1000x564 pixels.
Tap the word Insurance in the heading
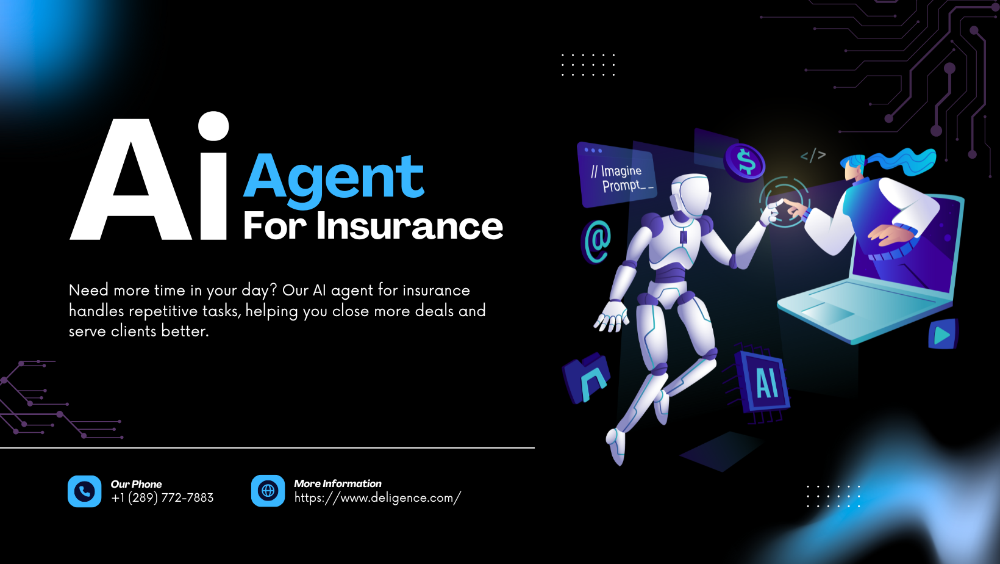[409, 226]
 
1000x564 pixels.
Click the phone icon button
[84, 491]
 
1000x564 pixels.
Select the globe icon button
[268, 491]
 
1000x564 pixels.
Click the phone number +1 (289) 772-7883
[162, 498]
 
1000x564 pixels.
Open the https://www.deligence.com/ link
[377, 498]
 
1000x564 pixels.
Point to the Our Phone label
[136, 484]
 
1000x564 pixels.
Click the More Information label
[338, 483]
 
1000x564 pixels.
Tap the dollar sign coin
[745, 162]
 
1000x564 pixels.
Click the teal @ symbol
[597, 242]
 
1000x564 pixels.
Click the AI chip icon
[762, 382]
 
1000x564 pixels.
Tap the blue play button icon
[943, 334]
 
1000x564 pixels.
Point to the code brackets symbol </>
[813, 155]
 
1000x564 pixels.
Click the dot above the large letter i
[213, 126]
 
